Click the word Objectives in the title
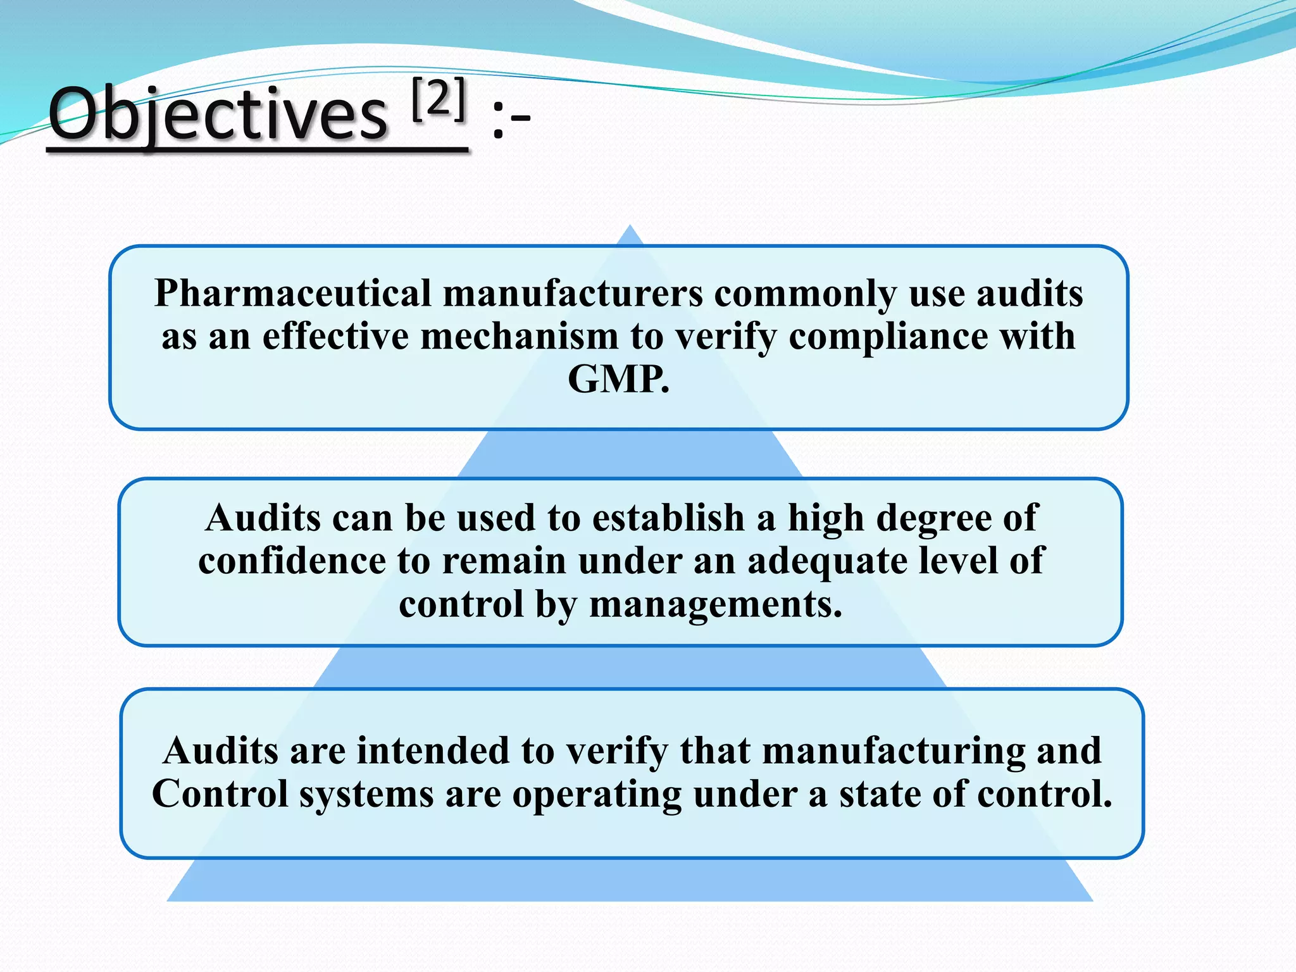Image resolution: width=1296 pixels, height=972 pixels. pos(217,114)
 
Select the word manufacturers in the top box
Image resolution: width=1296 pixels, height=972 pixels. pos(573,294)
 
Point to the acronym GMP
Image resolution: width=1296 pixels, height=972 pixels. pos(618,379)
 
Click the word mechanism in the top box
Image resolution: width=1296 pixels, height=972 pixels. pos(519,336)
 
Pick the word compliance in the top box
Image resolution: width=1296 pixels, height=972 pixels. pos(888,336)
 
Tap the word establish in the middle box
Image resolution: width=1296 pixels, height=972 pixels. pos(668,518)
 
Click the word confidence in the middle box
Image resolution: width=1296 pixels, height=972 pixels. pos(292,561)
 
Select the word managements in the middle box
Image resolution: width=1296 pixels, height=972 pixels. pos(715,604)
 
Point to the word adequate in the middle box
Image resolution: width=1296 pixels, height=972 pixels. pos(826,561)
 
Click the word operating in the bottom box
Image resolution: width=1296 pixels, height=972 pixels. pos(597,794)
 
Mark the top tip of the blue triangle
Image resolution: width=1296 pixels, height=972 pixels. pos(630,227)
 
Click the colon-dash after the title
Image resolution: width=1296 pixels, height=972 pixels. pos(510,120)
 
